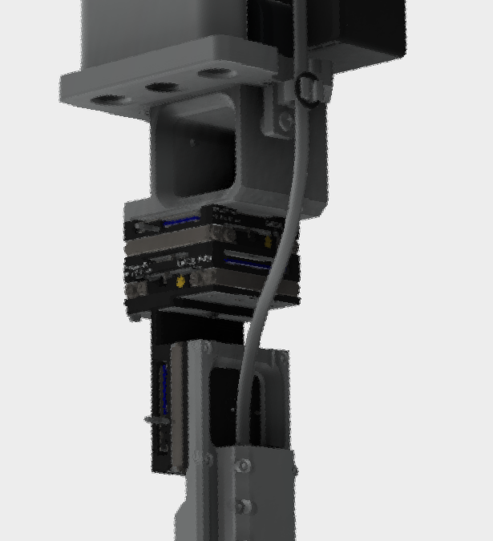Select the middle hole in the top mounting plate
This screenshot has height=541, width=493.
point(163,86)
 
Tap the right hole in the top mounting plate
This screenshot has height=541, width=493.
point(214,72)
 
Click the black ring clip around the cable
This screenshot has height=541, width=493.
point(306,87)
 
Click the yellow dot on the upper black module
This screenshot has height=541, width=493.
point(268,240)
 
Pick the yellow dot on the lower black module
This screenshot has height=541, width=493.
point(181,281)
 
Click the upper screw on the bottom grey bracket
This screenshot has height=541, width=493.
point(244,466)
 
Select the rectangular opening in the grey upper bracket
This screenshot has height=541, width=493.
point(196,152)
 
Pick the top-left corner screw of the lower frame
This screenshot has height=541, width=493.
point(207,348)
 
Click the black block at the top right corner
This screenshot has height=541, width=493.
point(361,32)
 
